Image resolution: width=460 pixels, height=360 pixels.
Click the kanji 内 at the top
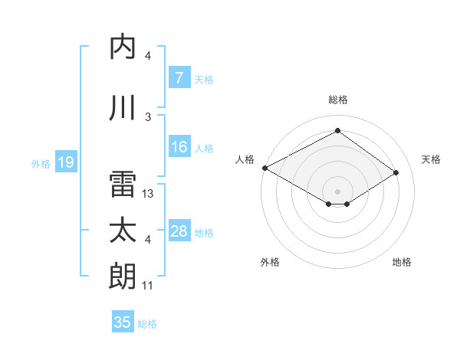click(124, 47)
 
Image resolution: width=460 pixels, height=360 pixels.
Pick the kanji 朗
click(124, 277)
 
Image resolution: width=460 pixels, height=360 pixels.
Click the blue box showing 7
click(179, 78)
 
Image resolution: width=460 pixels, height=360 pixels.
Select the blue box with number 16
click(179, 147)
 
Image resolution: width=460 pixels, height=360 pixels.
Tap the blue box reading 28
click(179, 232)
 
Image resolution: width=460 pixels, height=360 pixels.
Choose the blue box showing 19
click(65, 162)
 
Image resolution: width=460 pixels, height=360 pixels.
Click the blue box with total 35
click(123, 322)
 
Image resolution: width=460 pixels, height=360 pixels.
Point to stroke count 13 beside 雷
click(148, 195)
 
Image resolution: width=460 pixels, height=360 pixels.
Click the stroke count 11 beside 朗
click(148, 286)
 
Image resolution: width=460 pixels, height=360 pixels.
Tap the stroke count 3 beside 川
click(148, 117)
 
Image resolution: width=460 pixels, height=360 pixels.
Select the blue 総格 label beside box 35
click(147, 324)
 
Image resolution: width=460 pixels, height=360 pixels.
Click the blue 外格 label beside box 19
click(41, 163)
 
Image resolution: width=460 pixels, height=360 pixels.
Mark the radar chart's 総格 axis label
click(337, 100)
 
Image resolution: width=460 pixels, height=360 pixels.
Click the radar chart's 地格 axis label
click(402, 262)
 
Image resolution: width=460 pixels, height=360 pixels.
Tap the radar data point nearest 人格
click(264, 168)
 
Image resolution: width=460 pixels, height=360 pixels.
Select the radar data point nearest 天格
click(396, 173)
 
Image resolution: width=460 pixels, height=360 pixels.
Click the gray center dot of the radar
click(337, 190)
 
